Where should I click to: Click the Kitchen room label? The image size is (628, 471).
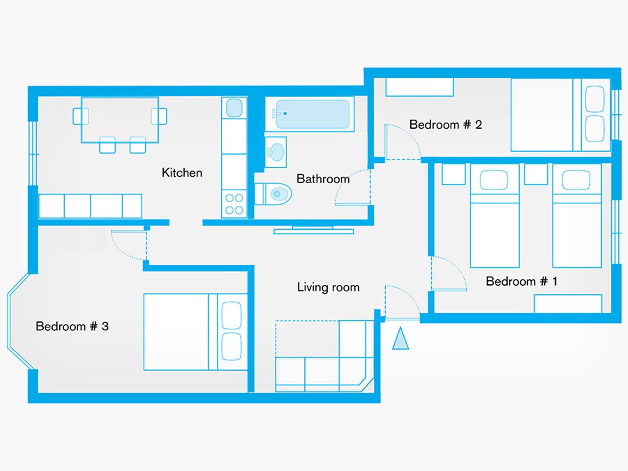coord(182,173)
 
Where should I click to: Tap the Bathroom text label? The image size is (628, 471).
coord(323,179)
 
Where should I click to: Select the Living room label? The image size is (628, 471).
coord(328,287)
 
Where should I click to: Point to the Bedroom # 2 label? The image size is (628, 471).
coord(445,124)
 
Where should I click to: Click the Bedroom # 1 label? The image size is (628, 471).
coord(522,281)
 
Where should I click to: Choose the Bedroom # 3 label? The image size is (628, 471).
coord(72,326)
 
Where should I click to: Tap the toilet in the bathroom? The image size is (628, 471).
coord(273,194)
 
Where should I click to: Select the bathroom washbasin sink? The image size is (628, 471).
coord(276,152)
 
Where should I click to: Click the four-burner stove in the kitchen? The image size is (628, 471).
coord(234,204)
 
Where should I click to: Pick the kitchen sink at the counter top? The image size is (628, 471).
coord(234,108)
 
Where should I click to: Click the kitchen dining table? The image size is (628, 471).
coord(120,120)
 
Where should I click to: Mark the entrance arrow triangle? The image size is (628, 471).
coord(400,338)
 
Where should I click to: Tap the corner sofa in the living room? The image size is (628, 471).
coord(325,356)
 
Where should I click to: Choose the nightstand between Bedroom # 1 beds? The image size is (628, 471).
coord(536,174)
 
